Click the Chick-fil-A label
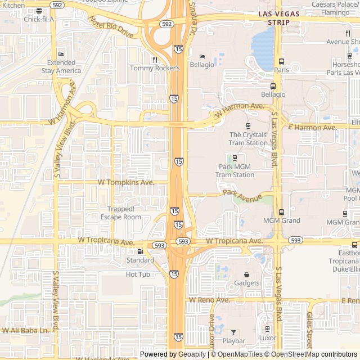39,19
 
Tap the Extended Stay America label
61,67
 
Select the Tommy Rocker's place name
154,68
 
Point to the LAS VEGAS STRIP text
274,17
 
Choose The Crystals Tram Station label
248,138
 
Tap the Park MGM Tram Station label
235,171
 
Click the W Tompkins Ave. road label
126,182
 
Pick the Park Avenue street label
242,195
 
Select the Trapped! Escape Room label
121,213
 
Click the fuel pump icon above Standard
140,251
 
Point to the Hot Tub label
138,274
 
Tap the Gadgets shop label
247,283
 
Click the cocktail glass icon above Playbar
234,332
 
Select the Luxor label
268,339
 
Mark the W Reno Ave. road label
210,300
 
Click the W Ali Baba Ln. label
26,330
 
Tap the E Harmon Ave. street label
312,128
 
